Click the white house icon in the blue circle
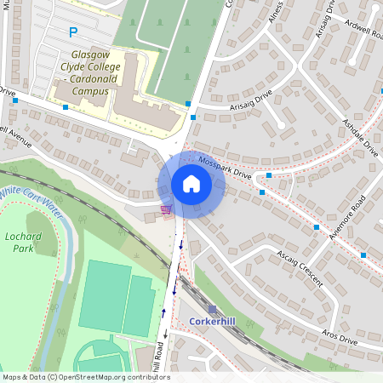[x=191, y=184]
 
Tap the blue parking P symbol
[x=73, y=32]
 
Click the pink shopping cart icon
[x=166, y=209]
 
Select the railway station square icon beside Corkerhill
[x=212, y=309]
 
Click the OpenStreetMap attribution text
[x=85, y=377]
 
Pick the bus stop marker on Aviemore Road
[x=317, y=227]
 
